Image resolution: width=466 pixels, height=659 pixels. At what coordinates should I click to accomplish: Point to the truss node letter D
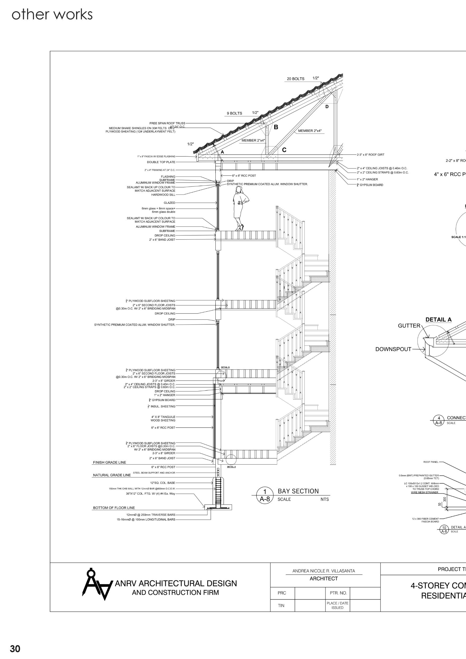(x=327, y=107)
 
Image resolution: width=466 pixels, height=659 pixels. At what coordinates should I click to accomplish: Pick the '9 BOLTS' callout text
(x=234, y=113)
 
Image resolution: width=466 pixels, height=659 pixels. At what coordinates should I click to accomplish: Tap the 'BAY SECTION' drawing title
(x=298, y=491)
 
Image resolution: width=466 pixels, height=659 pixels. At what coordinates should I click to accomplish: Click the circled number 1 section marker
(x=265, y=491)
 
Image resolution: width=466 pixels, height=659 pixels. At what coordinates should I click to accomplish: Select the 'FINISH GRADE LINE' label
(x=110, y=462)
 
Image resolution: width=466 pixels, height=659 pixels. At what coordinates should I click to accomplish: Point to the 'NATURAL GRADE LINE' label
(x=112, y=475)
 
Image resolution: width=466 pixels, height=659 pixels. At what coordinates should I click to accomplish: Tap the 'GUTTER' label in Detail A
(x=409, y=326)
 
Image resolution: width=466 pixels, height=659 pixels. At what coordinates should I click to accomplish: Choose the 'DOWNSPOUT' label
(x=393, y=349)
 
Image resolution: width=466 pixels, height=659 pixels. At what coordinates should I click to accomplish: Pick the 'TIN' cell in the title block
(x=281, y=606)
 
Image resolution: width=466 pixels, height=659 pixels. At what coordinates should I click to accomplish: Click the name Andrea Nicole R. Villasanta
(x=324, y=571)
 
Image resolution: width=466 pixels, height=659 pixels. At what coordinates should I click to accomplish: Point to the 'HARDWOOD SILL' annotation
(x=163, y=195)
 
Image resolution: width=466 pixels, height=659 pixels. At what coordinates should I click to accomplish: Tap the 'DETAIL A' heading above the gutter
(x=438, y=320)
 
